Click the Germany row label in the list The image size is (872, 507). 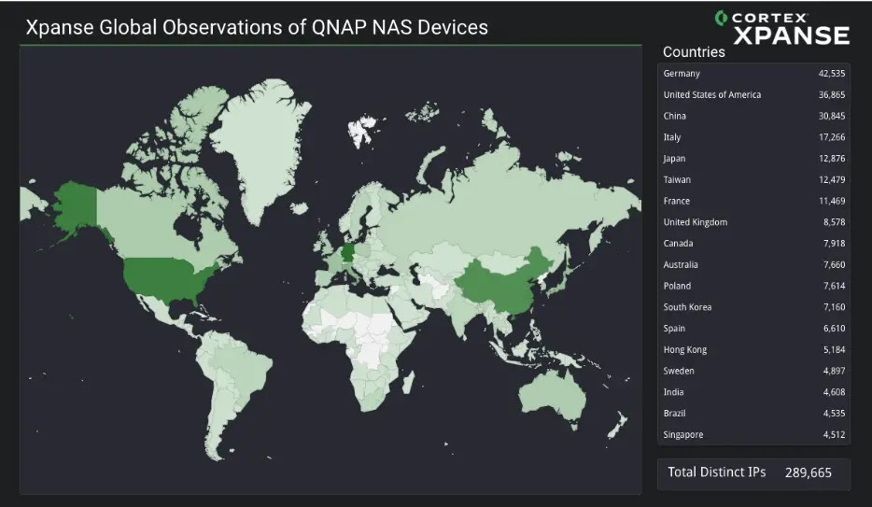pos(682,74)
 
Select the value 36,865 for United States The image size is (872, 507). pos(832,94)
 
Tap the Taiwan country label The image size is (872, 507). pos(677,179)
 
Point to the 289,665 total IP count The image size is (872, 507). pos(808,472)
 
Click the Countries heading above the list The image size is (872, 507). pos(694,51)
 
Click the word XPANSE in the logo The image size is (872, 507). pos(792,36)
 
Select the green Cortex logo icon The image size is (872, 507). pos(722,18)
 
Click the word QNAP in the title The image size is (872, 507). pos(334,27)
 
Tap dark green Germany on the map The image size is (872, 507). pos(347,253)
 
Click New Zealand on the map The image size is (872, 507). pos(617,425)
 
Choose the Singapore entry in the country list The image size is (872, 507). pos(682,435)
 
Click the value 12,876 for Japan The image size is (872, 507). pos(832,159)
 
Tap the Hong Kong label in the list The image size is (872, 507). pos(684,350)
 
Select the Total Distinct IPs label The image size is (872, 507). pos(716,472)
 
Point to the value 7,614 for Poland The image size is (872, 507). pos(834,286)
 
